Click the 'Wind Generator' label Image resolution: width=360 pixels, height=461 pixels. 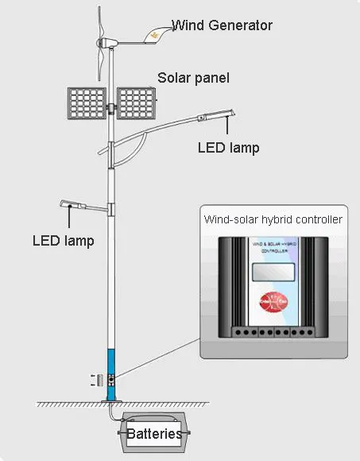[x=222, y=25]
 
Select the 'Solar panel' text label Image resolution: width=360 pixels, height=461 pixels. [x=193, y=78]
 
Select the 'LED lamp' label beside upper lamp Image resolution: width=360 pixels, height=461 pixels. [x=228, y=147]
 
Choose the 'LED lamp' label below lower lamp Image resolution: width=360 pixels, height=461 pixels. [x=63, y=240]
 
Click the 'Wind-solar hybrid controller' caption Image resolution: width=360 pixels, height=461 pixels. [x=273, y=219]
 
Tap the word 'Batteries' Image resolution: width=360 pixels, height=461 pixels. [x=153, y=434]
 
